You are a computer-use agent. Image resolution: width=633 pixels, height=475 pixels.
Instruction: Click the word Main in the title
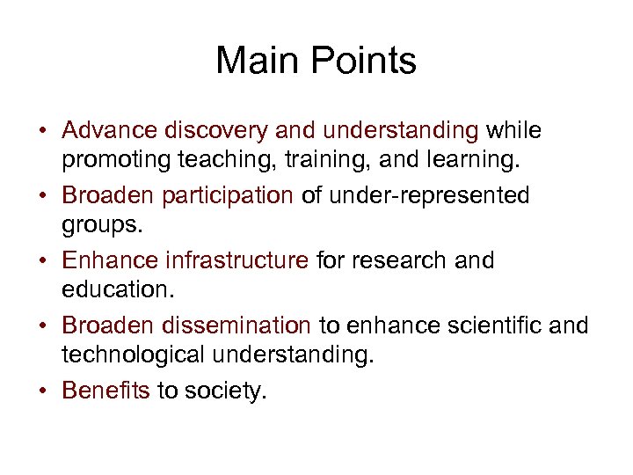(x=252, y=62)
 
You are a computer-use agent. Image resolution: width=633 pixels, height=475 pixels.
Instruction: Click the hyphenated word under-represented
(x=429, y=196)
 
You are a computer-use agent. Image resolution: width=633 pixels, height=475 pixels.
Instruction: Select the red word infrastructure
(x=233, y=261)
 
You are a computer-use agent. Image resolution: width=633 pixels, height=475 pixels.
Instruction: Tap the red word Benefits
(x=106, y=391)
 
